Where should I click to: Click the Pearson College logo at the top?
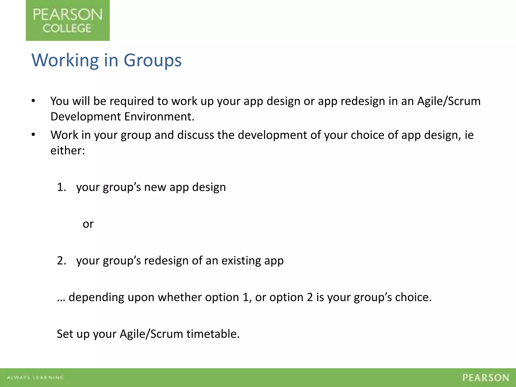[x=68, y=20]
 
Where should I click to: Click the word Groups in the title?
[x=152, y=60]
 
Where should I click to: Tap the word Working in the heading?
[x=65, y=60]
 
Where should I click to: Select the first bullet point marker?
[x=33, y=101]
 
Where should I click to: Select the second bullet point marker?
[x=33, y=135]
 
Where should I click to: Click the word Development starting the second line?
[x=86, y=117]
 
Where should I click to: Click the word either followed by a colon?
[x=67, y=151]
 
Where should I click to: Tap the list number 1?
[x=61, y=187]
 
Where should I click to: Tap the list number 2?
[x=61, y=261]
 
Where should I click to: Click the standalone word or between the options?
[x=88, y=224]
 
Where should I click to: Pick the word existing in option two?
[x=241, y=261]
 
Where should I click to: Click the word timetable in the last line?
[x=213, y=334]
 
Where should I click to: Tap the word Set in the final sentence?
[x=65, y=334]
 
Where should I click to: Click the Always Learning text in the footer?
[x=35, y=377]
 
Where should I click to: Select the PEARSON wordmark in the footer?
[x=486, y=378]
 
